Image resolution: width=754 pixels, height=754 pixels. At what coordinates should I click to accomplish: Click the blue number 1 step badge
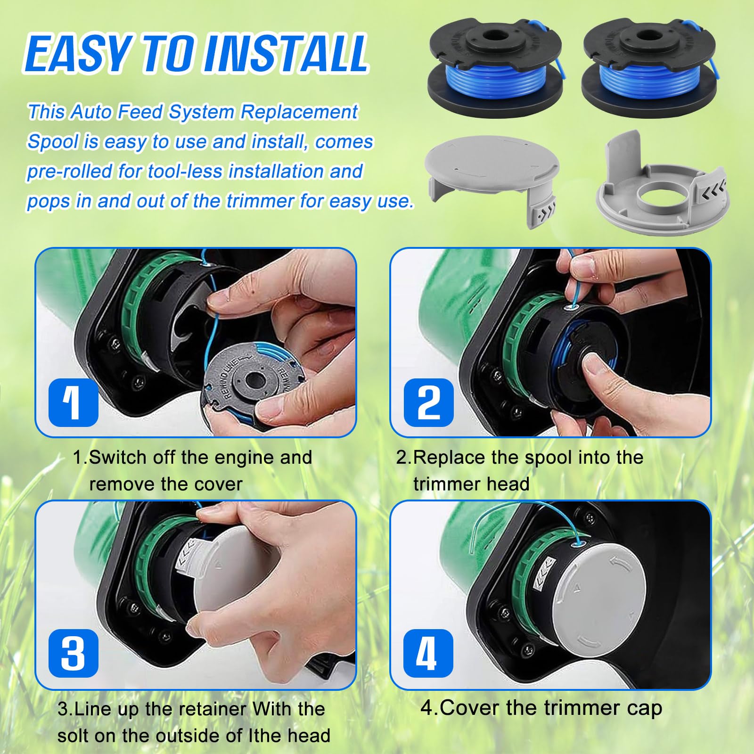74,402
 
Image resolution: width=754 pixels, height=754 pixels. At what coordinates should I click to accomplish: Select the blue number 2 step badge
428,402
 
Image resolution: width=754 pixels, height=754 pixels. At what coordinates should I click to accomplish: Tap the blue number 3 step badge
74,654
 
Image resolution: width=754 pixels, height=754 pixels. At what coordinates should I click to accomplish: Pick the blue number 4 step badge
428,654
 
